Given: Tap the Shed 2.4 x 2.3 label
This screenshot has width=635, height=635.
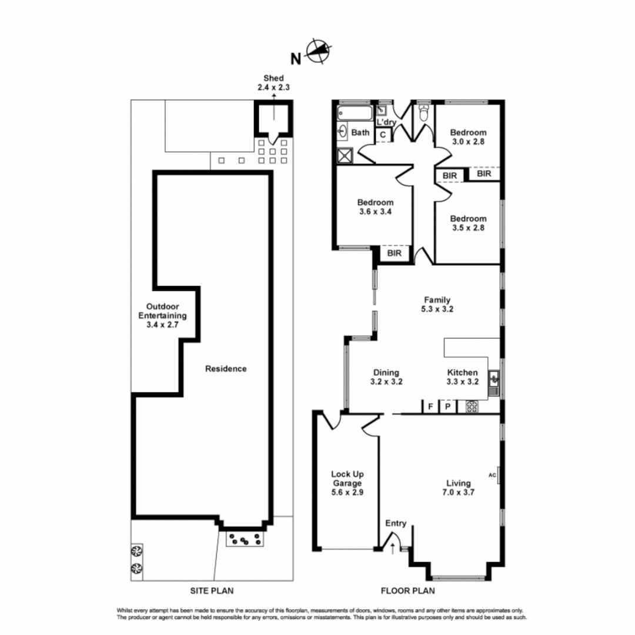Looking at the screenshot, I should coord(273,82).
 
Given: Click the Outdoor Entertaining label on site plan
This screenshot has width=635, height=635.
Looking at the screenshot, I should coord(163,315).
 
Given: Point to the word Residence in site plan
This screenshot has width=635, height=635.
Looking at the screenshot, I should coord(226,369).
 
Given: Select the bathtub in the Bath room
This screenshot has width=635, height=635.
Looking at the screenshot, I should coord(355,113).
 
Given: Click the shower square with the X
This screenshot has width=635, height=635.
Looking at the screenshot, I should coord(345,155).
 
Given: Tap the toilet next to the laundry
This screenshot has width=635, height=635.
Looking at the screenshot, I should coord(423,112).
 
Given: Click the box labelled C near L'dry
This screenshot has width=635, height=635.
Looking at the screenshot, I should coord(383,135).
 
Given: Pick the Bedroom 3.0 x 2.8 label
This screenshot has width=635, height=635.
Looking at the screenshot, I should coord(468,137).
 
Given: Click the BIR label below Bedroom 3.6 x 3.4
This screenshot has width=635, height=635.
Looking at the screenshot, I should coord(394,253).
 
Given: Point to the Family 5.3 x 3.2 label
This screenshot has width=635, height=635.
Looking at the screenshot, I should coord(435,304).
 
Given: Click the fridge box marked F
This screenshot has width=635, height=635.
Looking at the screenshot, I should coord(430,406).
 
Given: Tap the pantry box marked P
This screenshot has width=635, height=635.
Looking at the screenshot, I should coord(447,406).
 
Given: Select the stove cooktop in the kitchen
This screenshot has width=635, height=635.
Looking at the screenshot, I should coord(472,406).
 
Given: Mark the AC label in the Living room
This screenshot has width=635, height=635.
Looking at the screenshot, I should coord(492,474).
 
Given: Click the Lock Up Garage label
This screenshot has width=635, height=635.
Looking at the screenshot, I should coord(347,483).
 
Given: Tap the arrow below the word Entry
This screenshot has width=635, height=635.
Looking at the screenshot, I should coord(393,549).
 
